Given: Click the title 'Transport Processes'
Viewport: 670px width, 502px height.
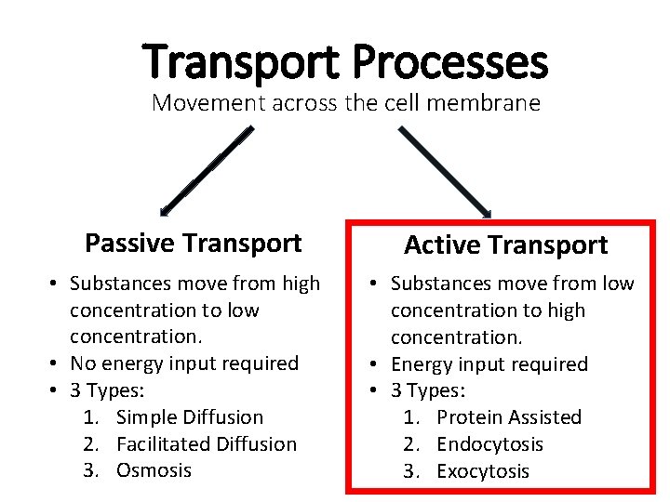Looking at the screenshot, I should click(x=345, y=62).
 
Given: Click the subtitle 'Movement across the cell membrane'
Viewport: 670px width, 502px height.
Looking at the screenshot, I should click(x=345, y=102).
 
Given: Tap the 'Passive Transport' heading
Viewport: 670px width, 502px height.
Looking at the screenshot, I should click(x=193, y=244).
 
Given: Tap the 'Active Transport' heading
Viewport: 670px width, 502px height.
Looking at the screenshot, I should click(x=505, y=245).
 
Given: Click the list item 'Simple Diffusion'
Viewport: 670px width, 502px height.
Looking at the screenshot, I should click(x=190, y=417).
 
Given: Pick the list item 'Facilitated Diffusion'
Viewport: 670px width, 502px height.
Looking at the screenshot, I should click(x=206, y=444).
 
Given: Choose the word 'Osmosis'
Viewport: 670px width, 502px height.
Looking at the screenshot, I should click(x=154, y=470).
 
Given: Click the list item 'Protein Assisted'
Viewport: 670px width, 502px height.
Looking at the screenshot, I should click(x=508, y=417).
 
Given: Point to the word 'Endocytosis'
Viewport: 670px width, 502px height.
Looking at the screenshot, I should click(x=489, y=444).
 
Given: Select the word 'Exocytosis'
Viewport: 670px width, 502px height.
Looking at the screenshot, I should click(x=482, y=471).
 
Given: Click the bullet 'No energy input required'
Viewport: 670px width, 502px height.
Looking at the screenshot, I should click(x=184, y=363).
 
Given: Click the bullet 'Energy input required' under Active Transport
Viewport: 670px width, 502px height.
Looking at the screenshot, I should click(x=489, y=364).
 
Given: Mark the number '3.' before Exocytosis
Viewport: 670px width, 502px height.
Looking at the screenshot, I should click(x=412, y=471).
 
